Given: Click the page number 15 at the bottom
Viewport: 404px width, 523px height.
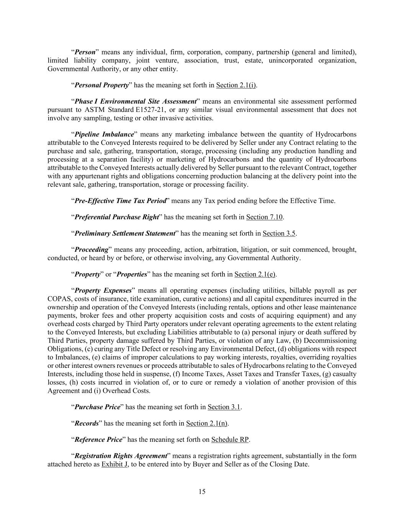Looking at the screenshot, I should [x=202, y=492].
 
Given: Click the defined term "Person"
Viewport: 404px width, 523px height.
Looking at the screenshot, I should [x=85, y=52].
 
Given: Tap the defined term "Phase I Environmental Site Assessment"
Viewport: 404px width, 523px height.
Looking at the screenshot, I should [x=135, y=102].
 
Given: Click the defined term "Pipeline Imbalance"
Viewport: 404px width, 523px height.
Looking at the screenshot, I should [x=104, y=134].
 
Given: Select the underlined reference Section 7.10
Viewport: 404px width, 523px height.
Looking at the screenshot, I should [x=264, y=217].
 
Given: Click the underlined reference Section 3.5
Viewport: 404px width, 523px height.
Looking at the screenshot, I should [x=279, y=233].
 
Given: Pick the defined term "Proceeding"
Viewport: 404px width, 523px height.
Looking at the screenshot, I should [x=92, y=250].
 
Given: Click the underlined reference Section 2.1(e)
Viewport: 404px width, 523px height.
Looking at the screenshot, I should [x=255, y=274].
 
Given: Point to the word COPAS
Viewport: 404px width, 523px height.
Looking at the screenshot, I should [x=58, y=299].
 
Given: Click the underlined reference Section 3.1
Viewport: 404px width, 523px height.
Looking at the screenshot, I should [x=224, y=407].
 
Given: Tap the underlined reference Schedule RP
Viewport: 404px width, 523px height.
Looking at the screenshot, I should [x=230, y=439].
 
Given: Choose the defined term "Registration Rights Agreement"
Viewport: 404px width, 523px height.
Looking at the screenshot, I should [x=121, y=456].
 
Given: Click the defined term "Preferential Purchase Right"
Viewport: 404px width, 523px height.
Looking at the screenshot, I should [x=116, y=217].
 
